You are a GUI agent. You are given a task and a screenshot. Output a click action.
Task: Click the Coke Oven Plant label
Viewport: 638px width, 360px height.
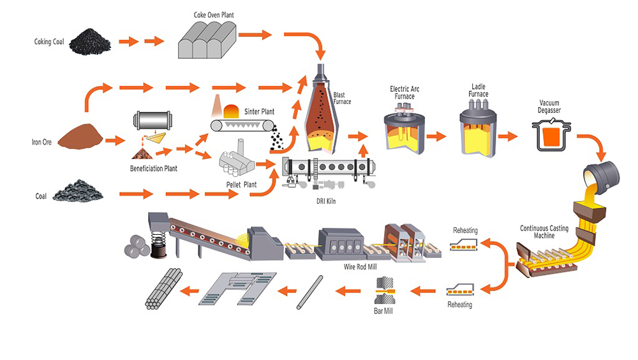213,14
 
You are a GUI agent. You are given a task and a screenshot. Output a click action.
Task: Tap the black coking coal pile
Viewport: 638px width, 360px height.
89,42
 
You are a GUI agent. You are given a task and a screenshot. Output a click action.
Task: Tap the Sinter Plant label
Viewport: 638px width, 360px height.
258,112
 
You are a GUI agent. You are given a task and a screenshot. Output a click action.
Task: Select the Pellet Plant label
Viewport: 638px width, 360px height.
241,184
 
